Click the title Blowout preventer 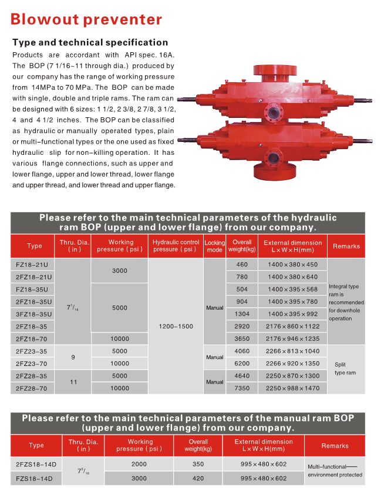pyautogui.click(x=86, y=19)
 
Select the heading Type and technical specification pyautogui.click(x=90, y=42)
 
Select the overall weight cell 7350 pyautogui.click(x=242, y=388)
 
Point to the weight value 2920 pyautogui.click(x=242, y=326)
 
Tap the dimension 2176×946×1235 pyautogui.click(x=291, y=338)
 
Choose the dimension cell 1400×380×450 pyautogui.click(x=291, y=265)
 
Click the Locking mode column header pyautogui.click(x=214, y=246)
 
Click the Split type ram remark pyautogui.click(x=345, y=368)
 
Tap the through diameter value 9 pyautogui.click(x=73, y=357)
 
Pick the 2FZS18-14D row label pyautogui.click(x=35, y=464)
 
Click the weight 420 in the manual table pyautogui.click(x=198, y=478)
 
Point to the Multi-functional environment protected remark pyautogui.click(x=335, y=470)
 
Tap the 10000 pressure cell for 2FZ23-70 pyautogui.click(x=120, y=363)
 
